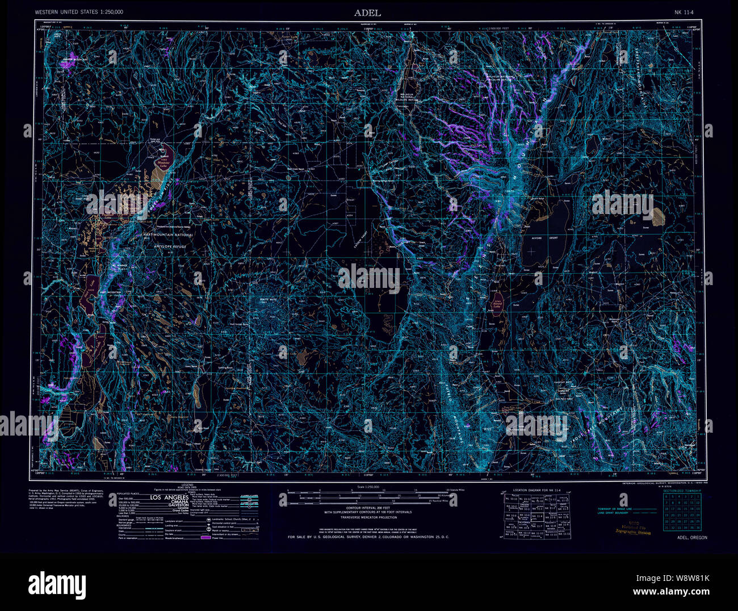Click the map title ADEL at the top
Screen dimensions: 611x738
tap(368, 12)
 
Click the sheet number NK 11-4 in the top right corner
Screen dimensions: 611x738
tap(685, 12)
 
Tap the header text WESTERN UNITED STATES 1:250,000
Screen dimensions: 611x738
tap(79, 12)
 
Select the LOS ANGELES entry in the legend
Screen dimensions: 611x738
tap(167, 498)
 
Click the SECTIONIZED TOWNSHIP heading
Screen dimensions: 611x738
tap(682, 490)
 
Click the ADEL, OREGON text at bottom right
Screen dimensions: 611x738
tap(692, 537)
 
